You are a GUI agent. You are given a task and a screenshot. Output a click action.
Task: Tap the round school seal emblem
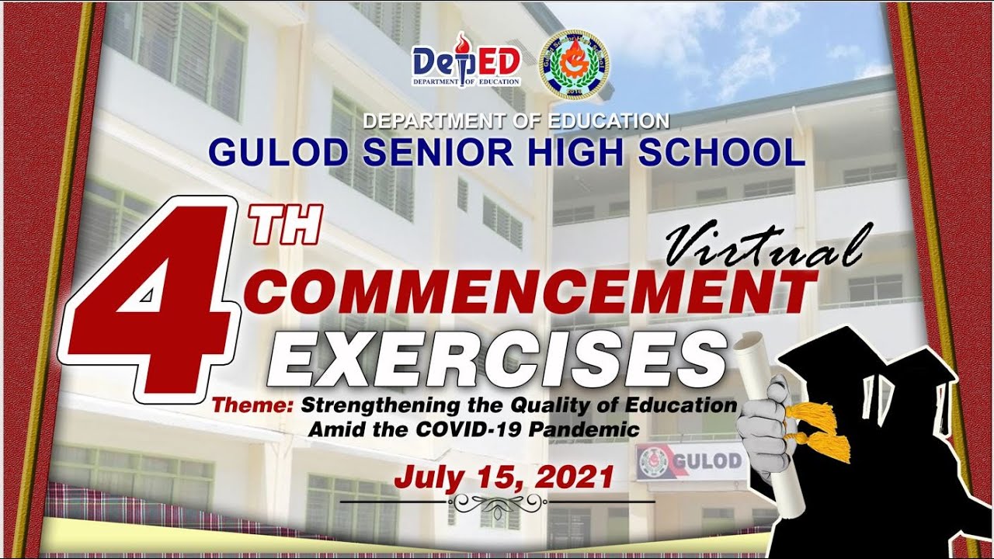[x=575, y=64]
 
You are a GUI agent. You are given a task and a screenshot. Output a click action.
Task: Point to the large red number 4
[x=148, y=303]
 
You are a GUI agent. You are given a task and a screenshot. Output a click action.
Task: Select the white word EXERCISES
[x=497, y=358]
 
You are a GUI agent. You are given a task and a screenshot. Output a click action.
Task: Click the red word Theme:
[x=253, y=405]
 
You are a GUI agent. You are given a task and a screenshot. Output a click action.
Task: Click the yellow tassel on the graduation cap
[x=823, y=431]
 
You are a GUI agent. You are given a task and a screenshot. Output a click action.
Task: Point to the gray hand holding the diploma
[x=765, y=423]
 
